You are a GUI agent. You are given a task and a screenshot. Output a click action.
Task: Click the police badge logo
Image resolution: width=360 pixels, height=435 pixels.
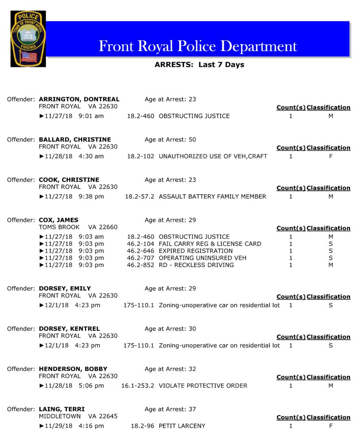pos(28,39)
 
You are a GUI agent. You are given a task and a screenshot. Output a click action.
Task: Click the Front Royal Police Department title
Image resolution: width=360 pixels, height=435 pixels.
pos(198,46)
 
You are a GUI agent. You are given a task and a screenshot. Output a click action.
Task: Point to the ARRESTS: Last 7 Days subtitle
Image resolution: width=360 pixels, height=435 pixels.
pos(199,65)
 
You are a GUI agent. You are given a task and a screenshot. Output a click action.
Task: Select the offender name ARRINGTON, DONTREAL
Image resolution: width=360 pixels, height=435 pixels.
pos(79,99)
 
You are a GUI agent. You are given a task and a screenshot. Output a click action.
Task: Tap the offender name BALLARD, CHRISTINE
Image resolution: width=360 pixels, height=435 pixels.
pos(75,140)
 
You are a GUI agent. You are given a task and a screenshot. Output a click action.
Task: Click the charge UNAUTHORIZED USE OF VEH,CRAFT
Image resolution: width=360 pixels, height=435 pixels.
pos(213,156)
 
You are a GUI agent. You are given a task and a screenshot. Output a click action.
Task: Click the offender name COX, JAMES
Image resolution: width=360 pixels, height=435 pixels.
pos(59,220)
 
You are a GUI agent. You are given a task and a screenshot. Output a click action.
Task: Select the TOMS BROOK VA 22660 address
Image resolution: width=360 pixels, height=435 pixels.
pos(78,227)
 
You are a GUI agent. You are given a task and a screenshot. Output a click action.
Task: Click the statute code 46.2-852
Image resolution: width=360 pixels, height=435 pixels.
pos(140,265)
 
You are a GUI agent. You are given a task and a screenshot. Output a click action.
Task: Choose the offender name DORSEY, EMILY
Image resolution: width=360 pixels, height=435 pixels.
pos(65,288)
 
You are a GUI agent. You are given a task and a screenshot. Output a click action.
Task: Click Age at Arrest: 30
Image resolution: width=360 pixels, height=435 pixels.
pos(170,329)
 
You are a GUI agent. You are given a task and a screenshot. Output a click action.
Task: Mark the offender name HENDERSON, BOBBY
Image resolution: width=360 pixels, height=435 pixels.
pos(73,369)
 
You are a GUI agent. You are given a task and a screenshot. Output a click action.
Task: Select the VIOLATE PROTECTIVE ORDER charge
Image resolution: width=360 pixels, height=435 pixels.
pos(203,386)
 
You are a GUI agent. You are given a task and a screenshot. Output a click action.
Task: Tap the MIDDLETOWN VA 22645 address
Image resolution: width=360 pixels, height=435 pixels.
pos(78,416)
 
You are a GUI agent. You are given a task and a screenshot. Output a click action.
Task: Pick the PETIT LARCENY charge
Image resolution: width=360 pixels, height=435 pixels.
pos(182,426)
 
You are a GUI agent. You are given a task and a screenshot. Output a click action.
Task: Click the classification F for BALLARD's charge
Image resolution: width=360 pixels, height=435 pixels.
pos(331,156)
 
